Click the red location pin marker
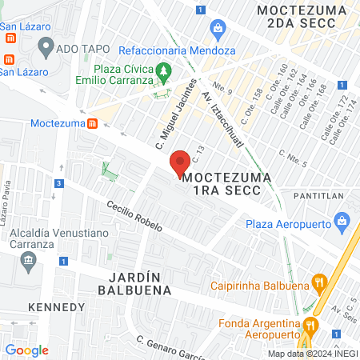click(x=180, y=163)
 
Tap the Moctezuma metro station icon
click(x=93, y=124)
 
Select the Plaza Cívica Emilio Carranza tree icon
click(x=163, y=72)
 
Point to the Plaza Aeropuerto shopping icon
click(x=342, y=219)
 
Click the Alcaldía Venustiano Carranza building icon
click(x=30, y=260)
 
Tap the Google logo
click(x=27, y=350)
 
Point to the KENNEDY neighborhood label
click(x=55, y=307)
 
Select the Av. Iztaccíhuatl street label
click(x=218, y=106)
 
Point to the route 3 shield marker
click(x=58, y=183)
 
